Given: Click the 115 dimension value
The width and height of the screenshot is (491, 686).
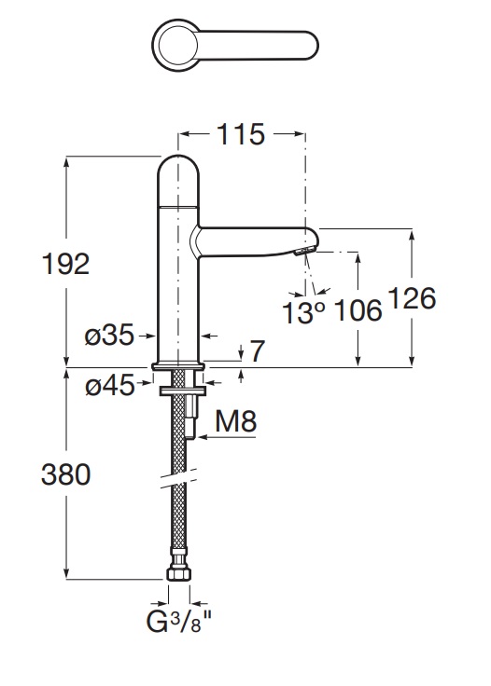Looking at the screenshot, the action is coord(241,134).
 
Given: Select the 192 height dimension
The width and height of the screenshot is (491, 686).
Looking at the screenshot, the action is coord(65,264).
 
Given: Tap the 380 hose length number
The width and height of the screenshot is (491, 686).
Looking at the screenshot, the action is coord(65,474).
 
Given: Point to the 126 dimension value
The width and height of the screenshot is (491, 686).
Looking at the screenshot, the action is coord(413,298).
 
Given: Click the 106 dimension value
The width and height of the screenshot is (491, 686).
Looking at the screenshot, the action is coord(358,310).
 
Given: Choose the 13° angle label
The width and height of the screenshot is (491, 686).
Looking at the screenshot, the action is coord(303,312).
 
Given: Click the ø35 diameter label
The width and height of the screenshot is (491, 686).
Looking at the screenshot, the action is coord(109,336).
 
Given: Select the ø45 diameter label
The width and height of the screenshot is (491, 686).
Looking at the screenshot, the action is coord(110,386).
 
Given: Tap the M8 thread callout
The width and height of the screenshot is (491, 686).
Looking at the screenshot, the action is coord(236,421).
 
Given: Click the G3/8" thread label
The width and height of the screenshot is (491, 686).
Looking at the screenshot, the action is coord(178,622).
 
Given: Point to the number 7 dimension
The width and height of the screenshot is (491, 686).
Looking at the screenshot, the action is coord(258,350).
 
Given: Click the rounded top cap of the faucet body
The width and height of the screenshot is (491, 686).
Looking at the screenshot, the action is coord(178,180).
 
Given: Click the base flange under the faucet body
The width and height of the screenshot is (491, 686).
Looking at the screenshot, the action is coord(178,366).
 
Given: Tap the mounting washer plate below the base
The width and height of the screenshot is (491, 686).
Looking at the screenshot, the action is coord(182,391).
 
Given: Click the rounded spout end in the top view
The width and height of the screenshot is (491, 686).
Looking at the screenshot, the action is coord(310,45).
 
